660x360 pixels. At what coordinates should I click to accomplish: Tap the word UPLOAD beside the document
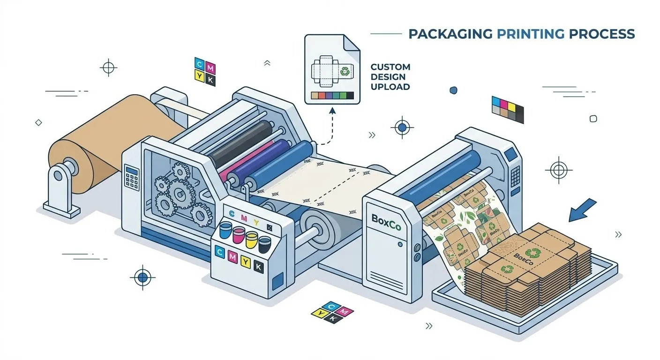point(390,87)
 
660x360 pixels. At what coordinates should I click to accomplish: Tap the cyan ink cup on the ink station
point(226,230)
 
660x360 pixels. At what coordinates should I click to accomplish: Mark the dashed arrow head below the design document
point(332,111)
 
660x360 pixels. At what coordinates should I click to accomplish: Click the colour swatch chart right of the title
point(508,109)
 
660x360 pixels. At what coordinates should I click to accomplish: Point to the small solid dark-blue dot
point(453,90)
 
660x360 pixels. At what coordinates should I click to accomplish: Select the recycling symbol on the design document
point(345,72)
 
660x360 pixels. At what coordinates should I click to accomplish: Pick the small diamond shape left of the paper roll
point(38,122)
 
